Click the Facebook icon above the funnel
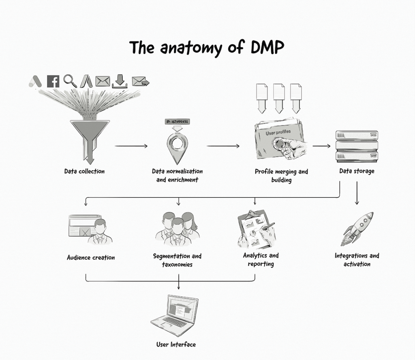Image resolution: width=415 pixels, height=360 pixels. pos(53,81)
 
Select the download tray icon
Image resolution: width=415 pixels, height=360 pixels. pos(120,81)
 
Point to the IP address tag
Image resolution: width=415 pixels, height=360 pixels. pos(178,122)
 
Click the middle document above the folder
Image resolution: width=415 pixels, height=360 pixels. pos(279,98)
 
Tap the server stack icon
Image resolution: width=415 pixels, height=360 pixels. pos(357,146)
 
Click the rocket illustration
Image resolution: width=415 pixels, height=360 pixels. pos(358,229)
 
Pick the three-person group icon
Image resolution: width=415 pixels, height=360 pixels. pos(178,229)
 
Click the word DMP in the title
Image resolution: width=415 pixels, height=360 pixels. pos(263,48)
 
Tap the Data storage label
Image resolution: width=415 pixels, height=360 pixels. pos(357,171)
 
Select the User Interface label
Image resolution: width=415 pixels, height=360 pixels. pos(176,345)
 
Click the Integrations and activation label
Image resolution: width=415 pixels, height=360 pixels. pos(357,260)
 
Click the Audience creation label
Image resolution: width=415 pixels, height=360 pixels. pos(91,257)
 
